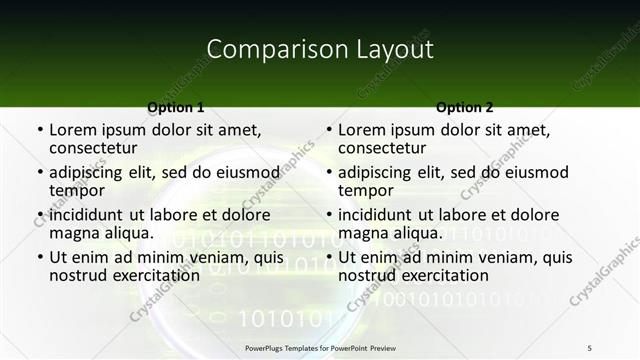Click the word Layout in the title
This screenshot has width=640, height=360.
pyautogui.click(x=391, y=49)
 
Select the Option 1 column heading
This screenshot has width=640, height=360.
pyautogui.click(x=176, y=107)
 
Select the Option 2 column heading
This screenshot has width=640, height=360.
pyautogui.click(x=465, y=107)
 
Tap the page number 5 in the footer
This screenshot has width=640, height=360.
pyautogui.click(x=590, y=347)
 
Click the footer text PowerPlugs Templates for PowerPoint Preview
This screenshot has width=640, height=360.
pyautogui.click(x=320, y=347)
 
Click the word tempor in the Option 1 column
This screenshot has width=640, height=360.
pyautogui.click(x=77, y=190)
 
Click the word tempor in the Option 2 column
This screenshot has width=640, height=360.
pyautogui.click(x=366, y=190)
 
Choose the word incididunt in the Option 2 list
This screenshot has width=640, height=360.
pyautogui.click(x=379, y=215)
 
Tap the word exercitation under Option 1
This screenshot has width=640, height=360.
pyautogui.click(x=155, y=275)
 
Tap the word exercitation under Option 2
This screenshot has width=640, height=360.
pyautogui.click(x=444, y=275)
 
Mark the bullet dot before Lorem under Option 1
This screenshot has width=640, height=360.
pyautogui.click(x=40, y=131)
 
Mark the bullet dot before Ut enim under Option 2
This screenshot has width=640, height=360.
pyautogui.click(x=329, y=258)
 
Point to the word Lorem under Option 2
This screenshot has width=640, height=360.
pyautogui.click(x=361, y=130)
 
